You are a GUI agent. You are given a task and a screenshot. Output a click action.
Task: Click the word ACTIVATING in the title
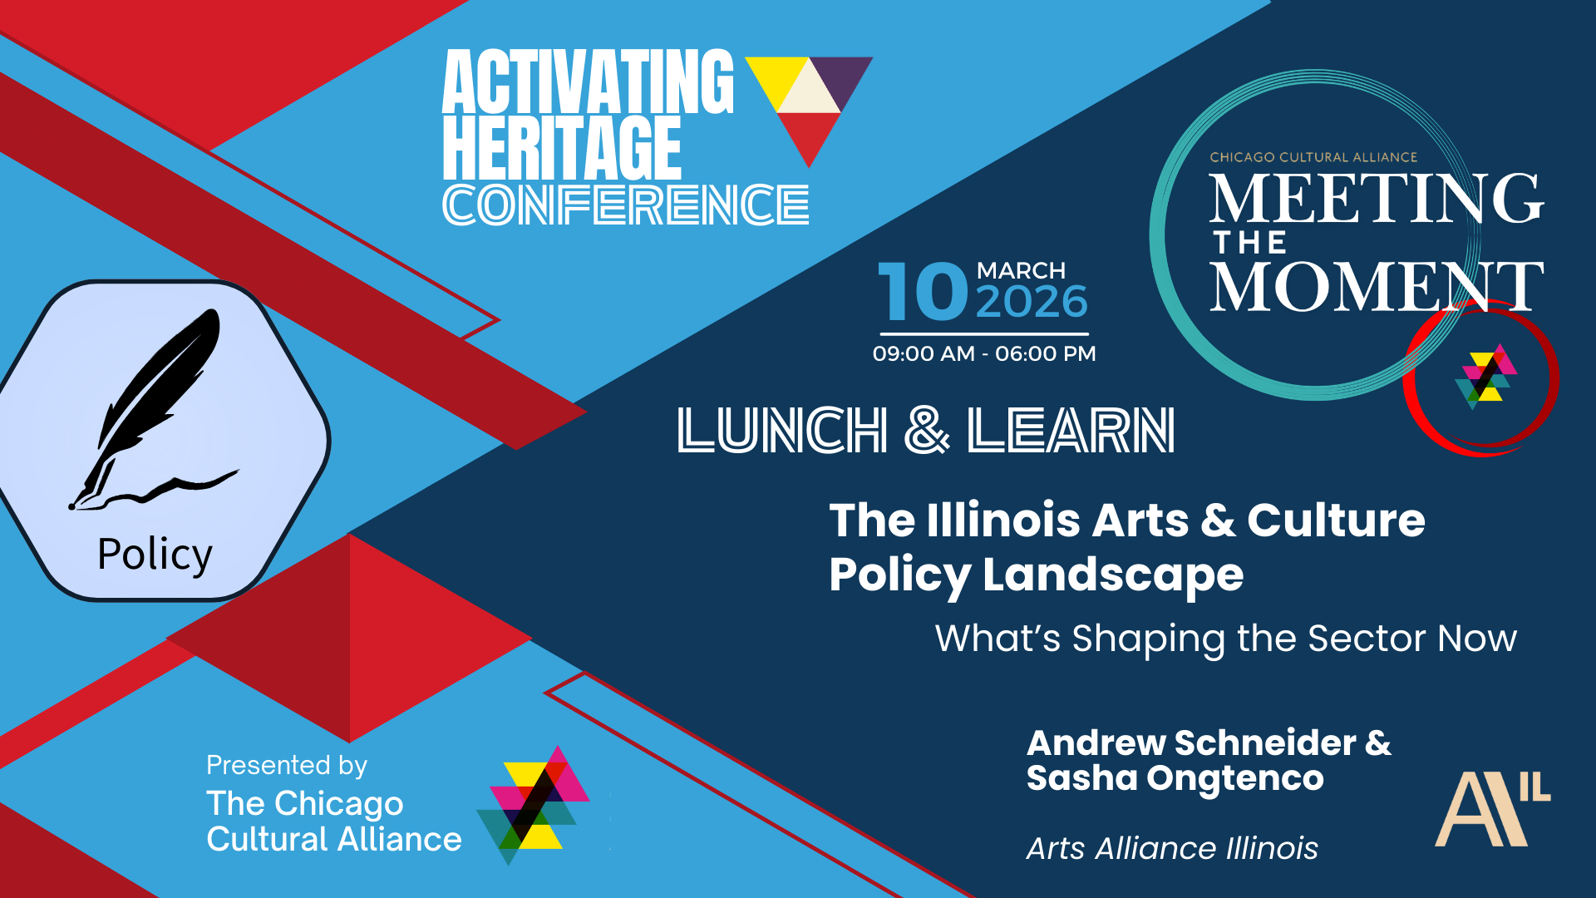click(x=588, y=81)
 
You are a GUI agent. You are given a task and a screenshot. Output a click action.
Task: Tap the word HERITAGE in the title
click(x=562, y=147)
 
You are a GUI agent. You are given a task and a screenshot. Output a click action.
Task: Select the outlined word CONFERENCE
click(x=626, y=205)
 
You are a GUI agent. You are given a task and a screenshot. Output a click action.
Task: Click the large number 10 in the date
click(x=924, y=291)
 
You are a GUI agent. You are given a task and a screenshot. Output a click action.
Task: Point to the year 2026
click(x=1032, y=301)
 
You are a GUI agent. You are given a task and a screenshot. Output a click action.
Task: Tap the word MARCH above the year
click(x=1021, y=271)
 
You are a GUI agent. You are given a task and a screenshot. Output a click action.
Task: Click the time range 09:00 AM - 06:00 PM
click(x=984, y=354)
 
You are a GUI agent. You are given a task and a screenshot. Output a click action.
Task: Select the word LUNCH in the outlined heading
click(x=782, y=431)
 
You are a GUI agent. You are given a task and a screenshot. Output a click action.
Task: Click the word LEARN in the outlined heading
click(x=1071, y=431)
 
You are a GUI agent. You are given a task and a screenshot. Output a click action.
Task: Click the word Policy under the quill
click(x=155, y=555)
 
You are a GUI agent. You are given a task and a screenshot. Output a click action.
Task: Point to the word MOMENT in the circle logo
click(x=1377, y=286)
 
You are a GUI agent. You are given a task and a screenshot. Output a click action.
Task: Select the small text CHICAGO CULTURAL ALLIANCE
click(x=1313, y=157)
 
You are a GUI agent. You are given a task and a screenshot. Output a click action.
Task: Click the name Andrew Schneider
click(x=1192, y=743)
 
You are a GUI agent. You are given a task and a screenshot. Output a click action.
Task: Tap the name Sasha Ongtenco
click(x=1175, y=779)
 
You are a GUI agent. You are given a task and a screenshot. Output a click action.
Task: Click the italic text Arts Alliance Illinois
click(x=1172, y=849)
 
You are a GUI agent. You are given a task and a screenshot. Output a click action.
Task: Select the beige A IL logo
click(x=1493, y=809)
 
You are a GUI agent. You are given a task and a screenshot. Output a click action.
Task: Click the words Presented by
click(x=287, y=766)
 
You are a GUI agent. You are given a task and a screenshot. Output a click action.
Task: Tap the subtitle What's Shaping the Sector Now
click(x=1226, y=639)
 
